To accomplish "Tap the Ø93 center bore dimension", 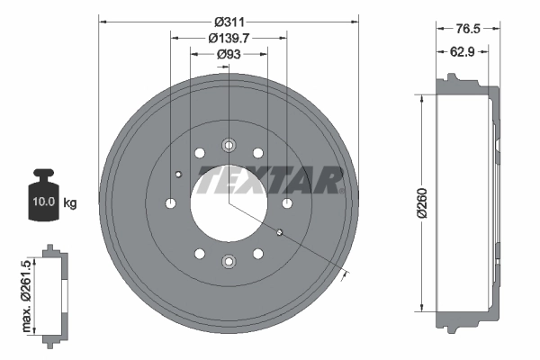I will (229, 55).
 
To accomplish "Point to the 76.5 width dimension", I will (465, 28).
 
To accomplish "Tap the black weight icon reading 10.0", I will (44, 195).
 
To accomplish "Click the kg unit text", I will (70, 203).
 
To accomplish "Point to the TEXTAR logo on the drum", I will (269, 180).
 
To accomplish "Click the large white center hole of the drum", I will (228, 203).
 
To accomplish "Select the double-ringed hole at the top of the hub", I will (229, 145).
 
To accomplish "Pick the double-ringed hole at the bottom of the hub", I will (229, 262).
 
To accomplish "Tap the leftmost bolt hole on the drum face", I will (170, 203).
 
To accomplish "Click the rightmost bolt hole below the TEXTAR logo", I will (286, 203).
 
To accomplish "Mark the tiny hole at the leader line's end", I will (280, 234).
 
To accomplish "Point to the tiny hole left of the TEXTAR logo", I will (178, 174).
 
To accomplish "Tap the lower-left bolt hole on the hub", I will (199, 255).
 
